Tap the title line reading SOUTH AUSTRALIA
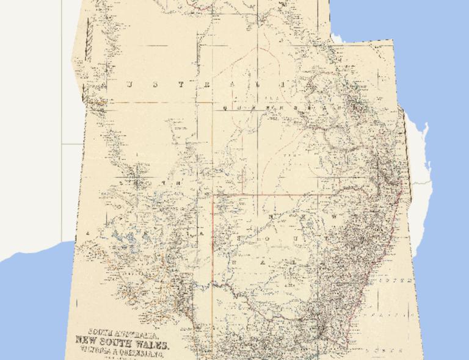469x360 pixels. (x=124, y=334)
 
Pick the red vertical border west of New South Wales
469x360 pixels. (x=213, y=244)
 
